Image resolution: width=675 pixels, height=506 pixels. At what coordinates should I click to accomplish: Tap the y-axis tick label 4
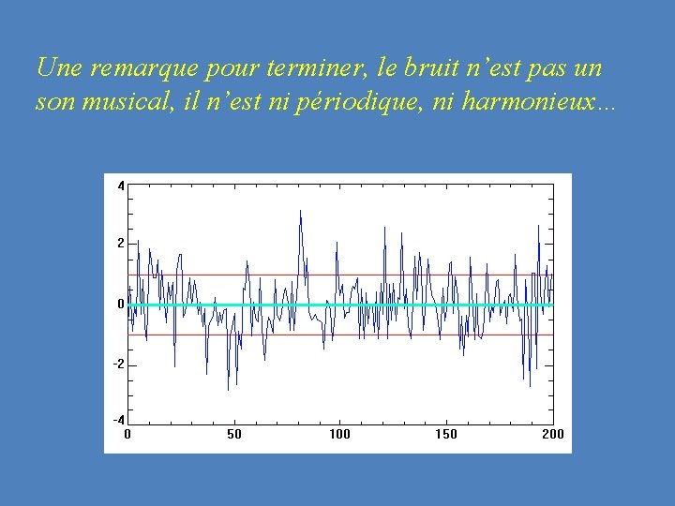coord(120,186)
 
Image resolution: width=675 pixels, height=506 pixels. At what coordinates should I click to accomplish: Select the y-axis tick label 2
coord(120,243)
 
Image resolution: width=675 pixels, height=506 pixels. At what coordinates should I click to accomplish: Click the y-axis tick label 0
coord(120,304)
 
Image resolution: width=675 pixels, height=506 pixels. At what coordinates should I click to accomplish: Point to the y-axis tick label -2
coord(118,365)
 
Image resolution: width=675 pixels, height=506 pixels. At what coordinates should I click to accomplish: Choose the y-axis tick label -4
coord(118,420)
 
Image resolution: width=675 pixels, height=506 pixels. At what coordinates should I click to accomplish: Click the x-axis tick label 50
coord(234,434)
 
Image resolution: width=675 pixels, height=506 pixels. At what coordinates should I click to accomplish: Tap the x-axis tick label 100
coord(340,434)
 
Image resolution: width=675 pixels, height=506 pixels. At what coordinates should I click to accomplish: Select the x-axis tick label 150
coord(446,434)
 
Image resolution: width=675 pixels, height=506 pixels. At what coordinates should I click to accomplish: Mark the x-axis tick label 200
coord(552,434)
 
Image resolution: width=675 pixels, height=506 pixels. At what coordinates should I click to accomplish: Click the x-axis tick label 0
coord(127,434)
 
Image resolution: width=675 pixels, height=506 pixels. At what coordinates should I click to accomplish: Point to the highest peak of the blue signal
coord(300,211)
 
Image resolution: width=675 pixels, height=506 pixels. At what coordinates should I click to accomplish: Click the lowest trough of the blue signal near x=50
coord(228,389)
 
